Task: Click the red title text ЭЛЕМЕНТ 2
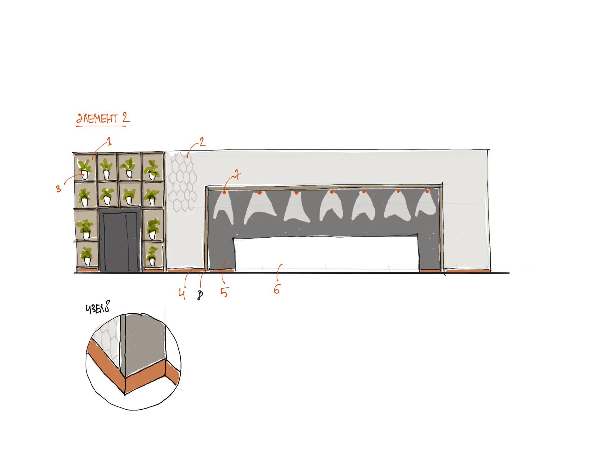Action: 103,118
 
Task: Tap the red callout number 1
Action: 109,141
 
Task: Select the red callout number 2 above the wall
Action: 202,142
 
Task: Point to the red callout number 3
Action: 58,189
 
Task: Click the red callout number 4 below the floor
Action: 182,294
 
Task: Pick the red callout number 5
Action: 224,292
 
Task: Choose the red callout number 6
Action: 277,289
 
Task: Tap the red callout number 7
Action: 237,175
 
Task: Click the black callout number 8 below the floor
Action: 200,295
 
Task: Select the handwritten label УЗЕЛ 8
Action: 98,307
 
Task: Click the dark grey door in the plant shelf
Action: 120,240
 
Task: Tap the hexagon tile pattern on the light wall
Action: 183,181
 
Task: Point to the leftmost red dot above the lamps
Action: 224,192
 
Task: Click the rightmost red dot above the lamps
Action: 427,191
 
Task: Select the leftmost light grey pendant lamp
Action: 224,208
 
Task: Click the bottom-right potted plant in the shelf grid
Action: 152,256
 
